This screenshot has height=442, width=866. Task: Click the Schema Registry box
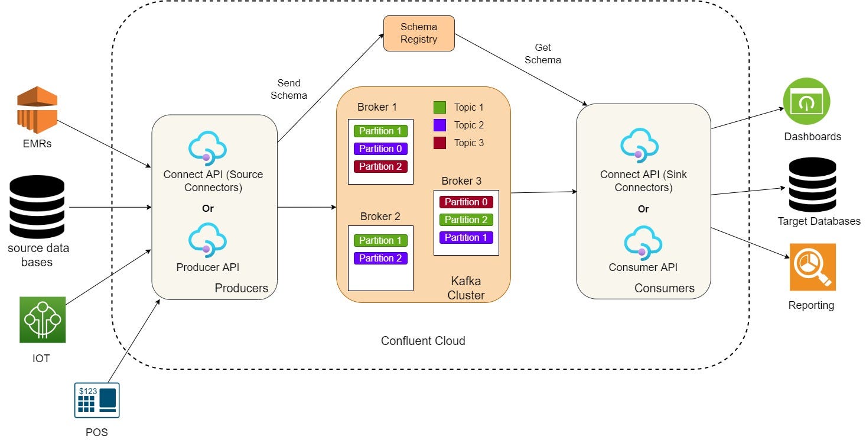[x=419, y=33]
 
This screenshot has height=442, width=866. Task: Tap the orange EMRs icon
[x=37, y=109]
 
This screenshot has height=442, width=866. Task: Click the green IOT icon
[x=42, y=320]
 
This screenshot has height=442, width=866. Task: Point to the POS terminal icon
[x=97, y=401]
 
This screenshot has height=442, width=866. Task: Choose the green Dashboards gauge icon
[x=806, y=101]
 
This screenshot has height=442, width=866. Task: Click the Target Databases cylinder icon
[x=812, y=185]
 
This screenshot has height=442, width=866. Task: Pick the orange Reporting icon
[x=812, y=267]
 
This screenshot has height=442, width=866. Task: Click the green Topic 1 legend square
[x=439, y=108]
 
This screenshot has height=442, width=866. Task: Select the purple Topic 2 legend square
[x=439, y=125]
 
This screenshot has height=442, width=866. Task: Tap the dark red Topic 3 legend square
[x=439, y=143]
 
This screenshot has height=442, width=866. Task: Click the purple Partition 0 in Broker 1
[x=380, y=149]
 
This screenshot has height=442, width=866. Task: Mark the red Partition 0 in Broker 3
[x=466, y=202]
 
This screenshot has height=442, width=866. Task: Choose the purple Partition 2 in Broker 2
[x=380, y=259]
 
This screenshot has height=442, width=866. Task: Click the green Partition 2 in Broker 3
[x=466, y=220]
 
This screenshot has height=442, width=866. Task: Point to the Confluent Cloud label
[x=423, y=341]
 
